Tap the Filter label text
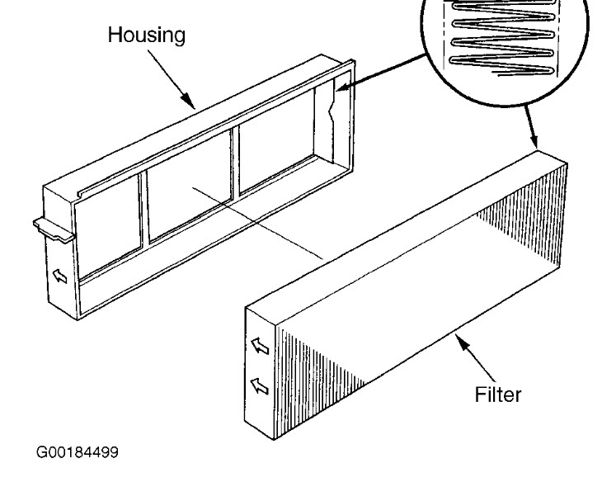[497, 395]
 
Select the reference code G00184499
[77, 453]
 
